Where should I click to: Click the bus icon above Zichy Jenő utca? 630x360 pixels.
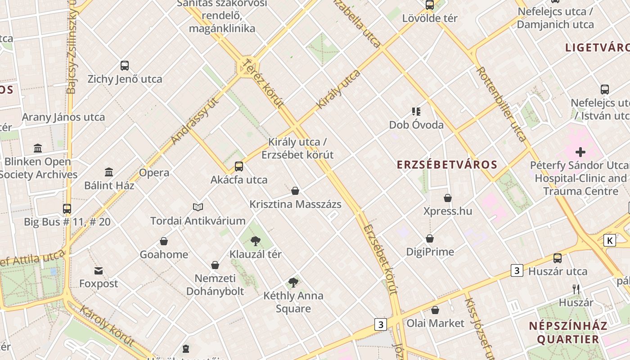pos(125,66)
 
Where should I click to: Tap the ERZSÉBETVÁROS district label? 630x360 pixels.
pos(447,165)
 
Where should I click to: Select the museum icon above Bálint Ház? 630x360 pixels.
pos(109,172)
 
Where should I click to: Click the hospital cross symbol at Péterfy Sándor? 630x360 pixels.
pos(580,152)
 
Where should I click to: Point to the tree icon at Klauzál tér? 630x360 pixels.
pos(256,241)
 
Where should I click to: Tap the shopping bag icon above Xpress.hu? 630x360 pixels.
pos(448,198)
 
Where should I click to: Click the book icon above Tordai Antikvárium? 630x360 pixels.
pos(198,207)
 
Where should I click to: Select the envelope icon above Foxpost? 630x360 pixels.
pos(99,270)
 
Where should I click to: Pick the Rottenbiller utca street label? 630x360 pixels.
pos(501,104)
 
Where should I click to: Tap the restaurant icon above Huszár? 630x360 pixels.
pos(576,289)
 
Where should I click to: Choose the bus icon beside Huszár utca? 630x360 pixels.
pos(558,258)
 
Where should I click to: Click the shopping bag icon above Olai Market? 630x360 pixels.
pos(435,310)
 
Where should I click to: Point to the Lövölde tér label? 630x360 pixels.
pos(430,18)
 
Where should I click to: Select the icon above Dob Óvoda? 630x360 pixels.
pos(416,111)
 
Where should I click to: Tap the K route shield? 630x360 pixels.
pos(610,240)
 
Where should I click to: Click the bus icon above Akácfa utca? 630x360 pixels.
pos(239,166)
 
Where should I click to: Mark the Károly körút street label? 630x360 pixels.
pos(107,326)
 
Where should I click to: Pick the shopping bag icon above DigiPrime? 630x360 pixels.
pos(430,238)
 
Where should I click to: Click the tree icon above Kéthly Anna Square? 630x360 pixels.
pos(293,283)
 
